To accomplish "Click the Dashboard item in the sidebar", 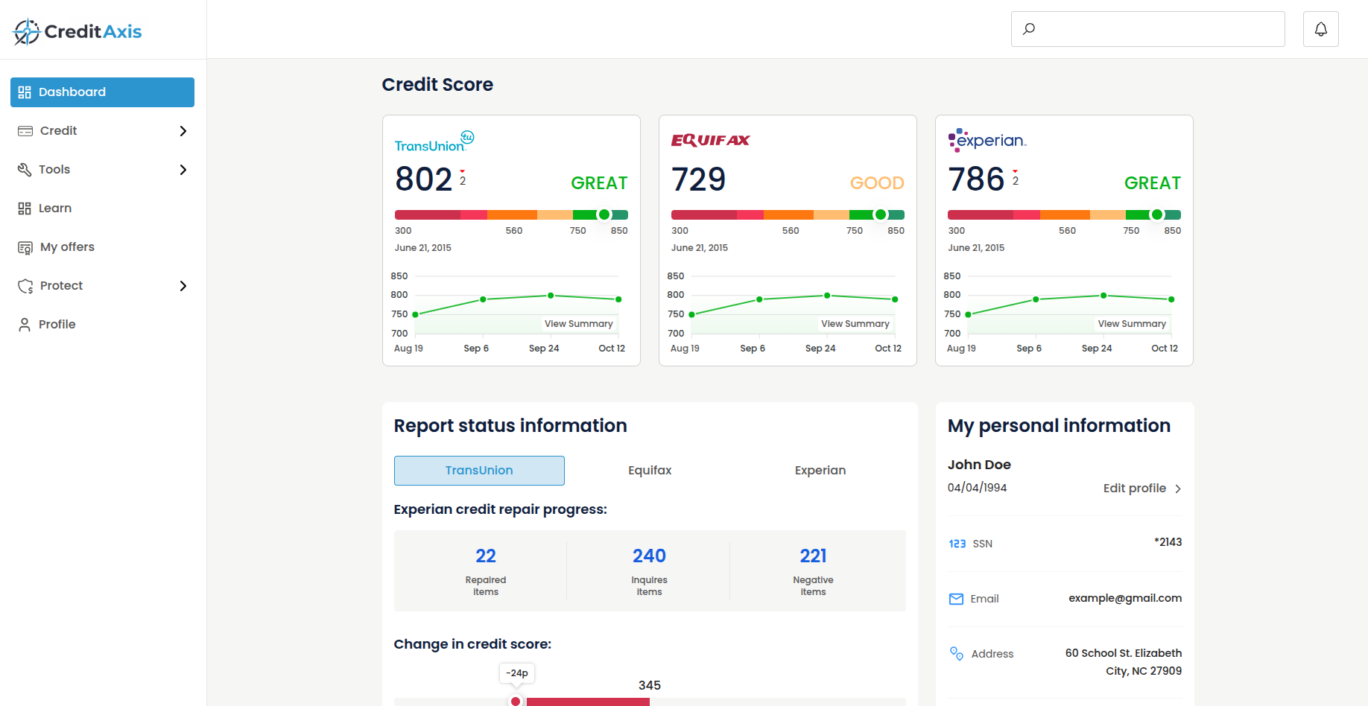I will (102, 92).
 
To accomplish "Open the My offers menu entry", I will (67, 247).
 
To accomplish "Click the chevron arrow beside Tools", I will (183, 170).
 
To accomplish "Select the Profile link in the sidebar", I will (57, 325).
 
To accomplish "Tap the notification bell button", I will (1320, 29).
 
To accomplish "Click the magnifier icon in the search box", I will (1029, 29).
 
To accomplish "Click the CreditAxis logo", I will (77, 31).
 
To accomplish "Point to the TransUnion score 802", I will (423, 179).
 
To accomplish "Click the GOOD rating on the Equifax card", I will (877, 183).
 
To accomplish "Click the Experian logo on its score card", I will (987, 140).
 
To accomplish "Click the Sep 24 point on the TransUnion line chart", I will (551, 296).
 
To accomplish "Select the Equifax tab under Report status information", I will (650, 471).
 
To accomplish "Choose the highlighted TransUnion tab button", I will (479, 471).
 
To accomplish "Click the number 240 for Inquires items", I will (649, 556).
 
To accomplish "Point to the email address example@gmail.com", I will (1124, 598).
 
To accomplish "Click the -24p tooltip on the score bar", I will (517, 673).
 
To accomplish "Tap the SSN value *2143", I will (1168, 542).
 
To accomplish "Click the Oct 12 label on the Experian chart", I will (1164, 349).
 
